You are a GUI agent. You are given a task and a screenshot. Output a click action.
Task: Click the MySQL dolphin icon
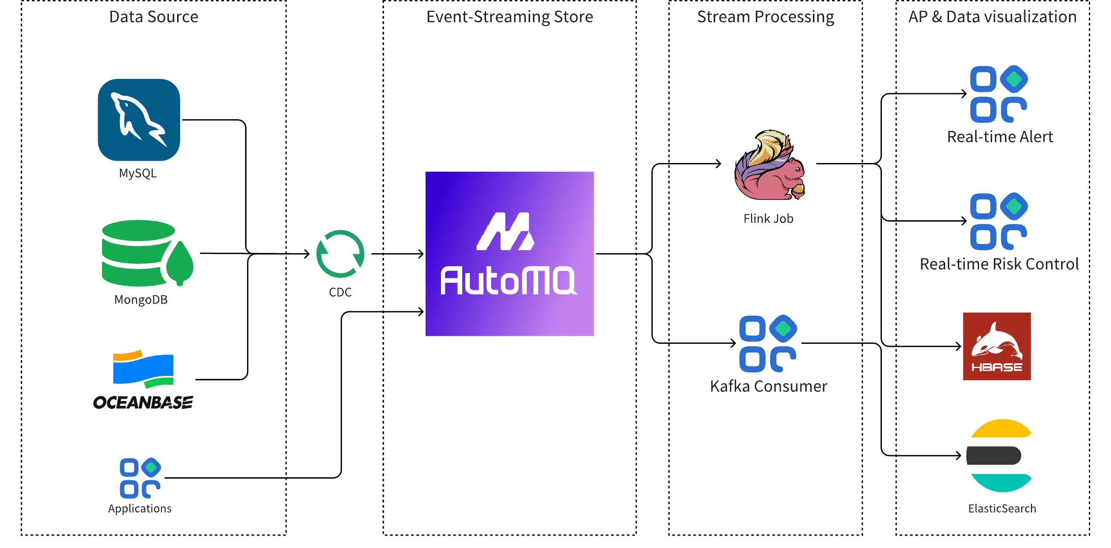point(139,120)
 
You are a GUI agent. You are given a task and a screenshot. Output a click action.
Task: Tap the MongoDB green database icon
point(147,253)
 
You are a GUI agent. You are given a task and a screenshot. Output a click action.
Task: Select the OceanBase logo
point(143,380)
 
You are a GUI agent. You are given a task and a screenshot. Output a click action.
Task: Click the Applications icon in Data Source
point(140,478)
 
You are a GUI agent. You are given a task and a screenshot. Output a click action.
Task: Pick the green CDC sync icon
point(340,254)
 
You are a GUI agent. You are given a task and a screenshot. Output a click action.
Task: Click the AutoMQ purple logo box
point(509,254)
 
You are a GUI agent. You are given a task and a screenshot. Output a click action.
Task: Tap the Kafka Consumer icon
point(768,343)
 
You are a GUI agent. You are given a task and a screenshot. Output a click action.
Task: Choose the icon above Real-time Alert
point(999,94)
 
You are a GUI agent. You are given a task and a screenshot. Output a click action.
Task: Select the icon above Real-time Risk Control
point(999,221)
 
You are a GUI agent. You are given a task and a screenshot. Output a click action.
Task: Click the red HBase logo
point(996,346)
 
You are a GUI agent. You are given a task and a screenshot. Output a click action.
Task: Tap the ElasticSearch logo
point(999,455)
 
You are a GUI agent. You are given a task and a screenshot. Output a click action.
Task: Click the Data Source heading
point(154,17)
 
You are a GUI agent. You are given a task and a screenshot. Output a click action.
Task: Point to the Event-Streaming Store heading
point(509,17)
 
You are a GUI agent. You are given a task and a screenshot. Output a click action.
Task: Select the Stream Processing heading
point(766,17)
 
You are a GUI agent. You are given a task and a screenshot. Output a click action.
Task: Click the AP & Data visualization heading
point(993,17)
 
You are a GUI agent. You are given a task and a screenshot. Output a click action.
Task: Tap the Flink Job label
point(768,219)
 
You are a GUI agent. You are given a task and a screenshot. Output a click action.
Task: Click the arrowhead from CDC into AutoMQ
point(421,254)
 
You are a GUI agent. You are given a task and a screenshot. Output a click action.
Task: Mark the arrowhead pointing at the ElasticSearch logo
point(958,455)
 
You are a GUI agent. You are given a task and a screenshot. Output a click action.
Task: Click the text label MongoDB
point(141,300)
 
